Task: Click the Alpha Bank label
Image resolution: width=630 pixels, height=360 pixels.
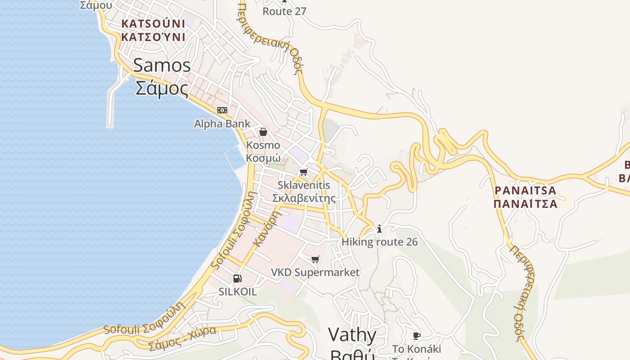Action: (222, 124)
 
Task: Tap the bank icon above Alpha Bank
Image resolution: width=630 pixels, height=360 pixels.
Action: (222, 110)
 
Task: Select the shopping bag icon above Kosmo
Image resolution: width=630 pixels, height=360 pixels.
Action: (263, 132)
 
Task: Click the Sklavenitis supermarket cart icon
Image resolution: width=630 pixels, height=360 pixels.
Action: (304, 172)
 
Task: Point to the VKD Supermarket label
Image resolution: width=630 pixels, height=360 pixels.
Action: (315, 272)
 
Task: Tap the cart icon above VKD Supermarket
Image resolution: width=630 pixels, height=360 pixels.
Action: (315, 259)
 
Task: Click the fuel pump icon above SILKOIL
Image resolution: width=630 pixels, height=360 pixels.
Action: (238, 279)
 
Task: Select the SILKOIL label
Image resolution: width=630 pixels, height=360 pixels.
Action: (238, 292)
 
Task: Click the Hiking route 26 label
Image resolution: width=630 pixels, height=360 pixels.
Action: (379, 242)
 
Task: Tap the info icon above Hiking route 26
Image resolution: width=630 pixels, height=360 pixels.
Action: (379, 229)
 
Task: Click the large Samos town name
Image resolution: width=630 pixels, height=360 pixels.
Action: (162, 66)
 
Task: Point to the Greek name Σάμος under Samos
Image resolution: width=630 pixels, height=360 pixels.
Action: (162, 89)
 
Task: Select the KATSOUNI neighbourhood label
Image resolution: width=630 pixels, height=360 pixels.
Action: (153, 23)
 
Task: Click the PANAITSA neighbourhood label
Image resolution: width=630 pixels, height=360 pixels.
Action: (525, 190)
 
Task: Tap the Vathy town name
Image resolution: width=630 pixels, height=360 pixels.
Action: (352, 335)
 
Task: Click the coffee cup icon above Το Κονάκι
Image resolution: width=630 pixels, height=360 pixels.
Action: (417, 336)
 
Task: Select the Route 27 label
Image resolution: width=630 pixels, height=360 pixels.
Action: (284, 12)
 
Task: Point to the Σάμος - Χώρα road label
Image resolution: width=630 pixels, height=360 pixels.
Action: (182, 338)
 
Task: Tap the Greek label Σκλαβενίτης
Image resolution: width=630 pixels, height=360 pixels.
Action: (304, 198)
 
